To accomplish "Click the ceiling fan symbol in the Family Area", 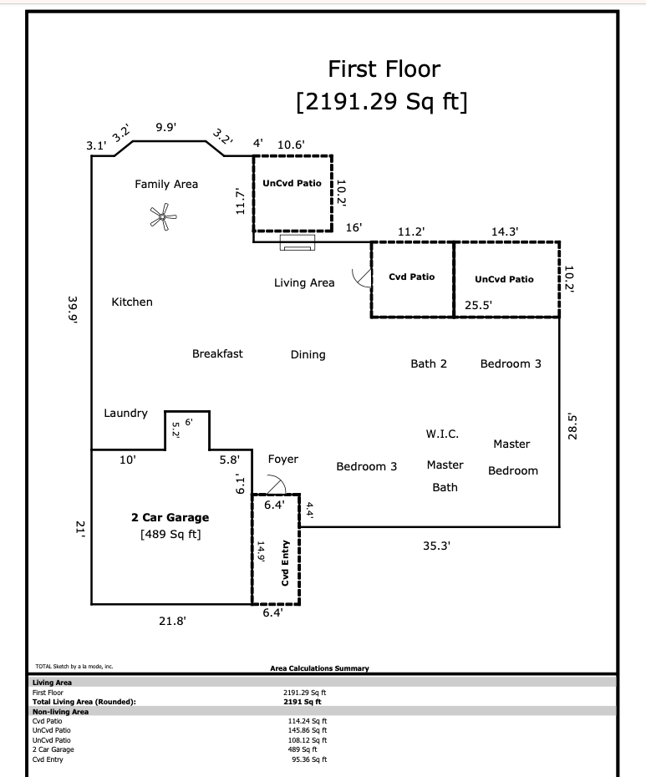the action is (163, 216).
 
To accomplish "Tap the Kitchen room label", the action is (132, 302).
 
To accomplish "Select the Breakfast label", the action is (217, 353).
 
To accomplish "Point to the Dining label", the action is (308, 355).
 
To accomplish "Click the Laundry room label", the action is (125, 414).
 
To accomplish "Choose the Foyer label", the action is (283, 460).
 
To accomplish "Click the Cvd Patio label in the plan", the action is (411, 277).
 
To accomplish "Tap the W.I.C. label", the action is (442, 434).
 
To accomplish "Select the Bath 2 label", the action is (429, 363).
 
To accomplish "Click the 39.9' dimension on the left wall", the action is (73, 310).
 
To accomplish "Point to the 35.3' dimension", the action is (436, 546).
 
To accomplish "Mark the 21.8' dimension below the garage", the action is (172, 621).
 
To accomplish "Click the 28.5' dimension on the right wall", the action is (572, 426).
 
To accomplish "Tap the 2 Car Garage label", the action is (170, 517).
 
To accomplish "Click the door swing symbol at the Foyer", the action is (277, 485).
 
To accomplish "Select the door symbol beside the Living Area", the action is (362, 278).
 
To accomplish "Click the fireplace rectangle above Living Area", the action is (298, 242).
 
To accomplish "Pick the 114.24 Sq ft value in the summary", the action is (308, 721).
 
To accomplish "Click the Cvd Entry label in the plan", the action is (285, 563).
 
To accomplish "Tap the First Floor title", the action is (384, 69).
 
